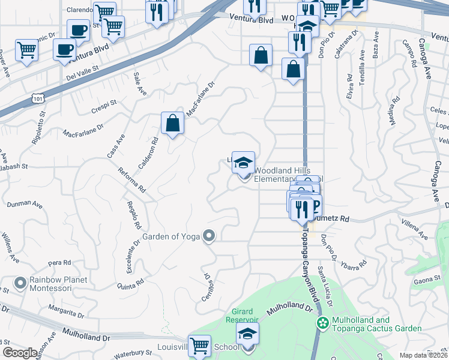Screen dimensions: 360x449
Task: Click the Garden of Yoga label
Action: [x=170, y=236]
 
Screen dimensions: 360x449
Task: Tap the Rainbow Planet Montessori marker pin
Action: [x=20, y=281]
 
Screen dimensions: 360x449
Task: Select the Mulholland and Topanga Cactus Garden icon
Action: [x=324, y=323]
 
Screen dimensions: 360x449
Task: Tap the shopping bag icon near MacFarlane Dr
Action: [x=172, y=123]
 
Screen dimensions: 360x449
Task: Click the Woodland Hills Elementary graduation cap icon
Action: [x=243, y=163]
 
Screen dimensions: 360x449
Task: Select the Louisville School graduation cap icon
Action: [x=247, y=334]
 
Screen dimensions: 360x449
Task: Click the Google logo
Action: [x=20, y=353]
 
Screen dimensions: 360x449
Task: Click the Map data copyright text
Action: [x=423, y=355]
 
